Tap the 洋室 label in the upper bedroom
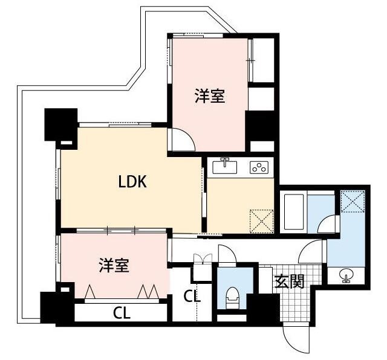(210, 96)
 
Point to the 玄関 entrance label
(288, 282)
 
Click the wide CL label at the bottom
(122, 313)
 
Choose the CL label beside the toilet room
(192, 297)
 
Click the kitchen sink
(227, 166)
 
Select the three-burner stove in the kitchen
(259, 167)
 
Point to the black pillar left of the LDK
(60, 125)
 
